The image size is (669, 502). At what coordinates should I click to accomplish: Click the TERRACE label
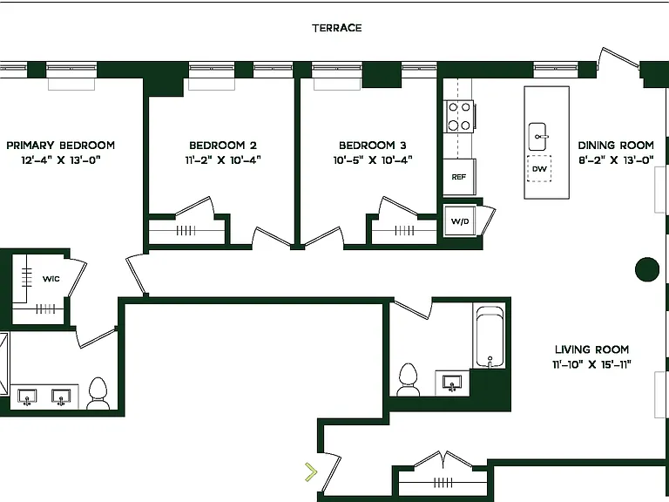click(x=337, y=28)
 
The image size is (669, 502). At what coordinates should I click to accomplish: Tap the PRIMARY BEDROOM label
click(x=61, y=146)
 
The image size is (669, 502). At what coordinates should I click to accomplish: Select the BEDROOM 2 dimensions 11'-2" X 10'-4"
click(x=223, y=160)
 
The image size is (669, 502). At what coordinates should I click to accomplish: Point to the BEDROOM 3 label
click(x=373, y=146)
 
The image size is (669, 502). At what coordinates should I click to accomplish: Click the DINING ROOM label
click(x=616, y=146)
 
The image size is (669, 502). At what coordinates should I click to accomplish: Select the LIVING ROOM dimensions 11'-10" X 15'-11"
click(x=591, y=364)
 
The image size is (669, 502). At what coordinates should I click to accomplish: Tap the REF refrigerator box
click(x=459, y=177)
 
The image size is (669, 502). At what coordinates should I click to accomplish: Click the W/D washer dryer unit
click(x=460, y=220)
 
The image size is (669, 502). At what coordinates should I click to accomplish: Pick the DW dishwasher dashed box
click(x=539, y=168)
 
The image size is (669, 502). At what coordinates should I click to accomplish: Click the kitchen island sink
click(x=537, y=137)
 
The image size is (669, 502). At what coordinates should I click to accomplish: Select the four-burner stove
click(x=459, y=116)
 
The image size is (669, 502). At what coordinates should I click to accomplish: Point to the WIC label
click(x=51, y=279)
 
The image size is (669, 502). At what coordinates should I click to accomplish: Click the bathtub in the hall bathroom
click(x=490, y=336)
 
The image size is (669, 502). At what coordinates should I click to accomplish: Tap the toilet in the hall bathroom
click(x=408, y=379)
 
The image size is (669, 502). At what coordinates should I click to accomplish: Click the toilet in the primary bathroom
click(x=98, y=394)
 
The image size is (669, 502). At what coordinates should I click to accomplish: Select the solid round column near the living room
click(x=647, y=269)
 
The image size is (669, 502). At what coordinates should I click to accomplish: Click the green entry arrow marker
click(x=312, y=472)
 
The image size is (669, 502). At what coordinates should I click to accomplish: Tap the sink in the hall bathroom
click(x=452, y=383)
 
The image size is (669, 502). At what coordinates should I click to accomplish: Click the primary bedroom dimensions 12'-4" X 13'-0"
click(x=61, y=160)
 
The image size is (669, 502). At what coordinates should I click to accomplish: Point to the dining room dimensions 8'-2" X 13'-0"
click(x=616, y=160)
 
